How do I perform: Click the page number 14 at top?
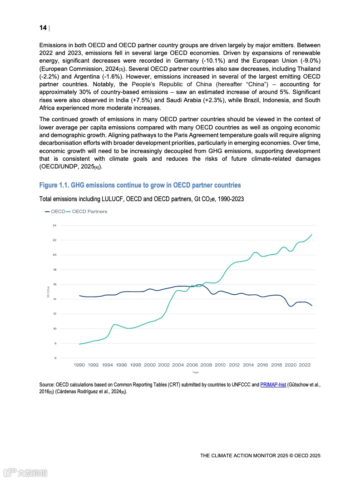pyautogui.click(x=43, y=28)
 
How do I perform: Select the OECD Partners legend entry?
pyautogui.click(x=89, y=212)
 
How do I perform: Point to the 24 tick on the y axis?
pyautogui.click(x=54, y=225)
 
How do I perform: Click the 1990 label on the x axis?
pyautogui.click(x=79, y=365)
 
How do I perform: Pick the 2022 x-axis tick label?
pyautogui.click(x=305, y=365)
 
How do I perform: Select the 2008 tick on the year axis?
pyautogui.click(x=206, y=365)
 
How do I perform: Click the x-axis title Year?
pyautogui.click(x=196, y=372)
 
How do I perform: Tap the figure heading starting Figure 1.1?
pyautogui.click(x=140, y=185)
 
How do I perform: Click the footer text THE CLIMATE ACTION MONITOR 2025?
pyautogui.click(x=260, y=455)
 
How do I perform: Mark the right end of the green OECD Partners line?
pyautogui.click(x=312, y=234)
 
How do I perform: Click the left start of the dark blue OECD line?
pyautogui.click(x=79, y=296)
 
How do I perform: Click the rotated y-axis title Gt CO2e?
pyautogui.click(x=48, y=292)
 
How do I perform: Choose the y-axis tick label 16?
pyautogui.click(x=54, y=284)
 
